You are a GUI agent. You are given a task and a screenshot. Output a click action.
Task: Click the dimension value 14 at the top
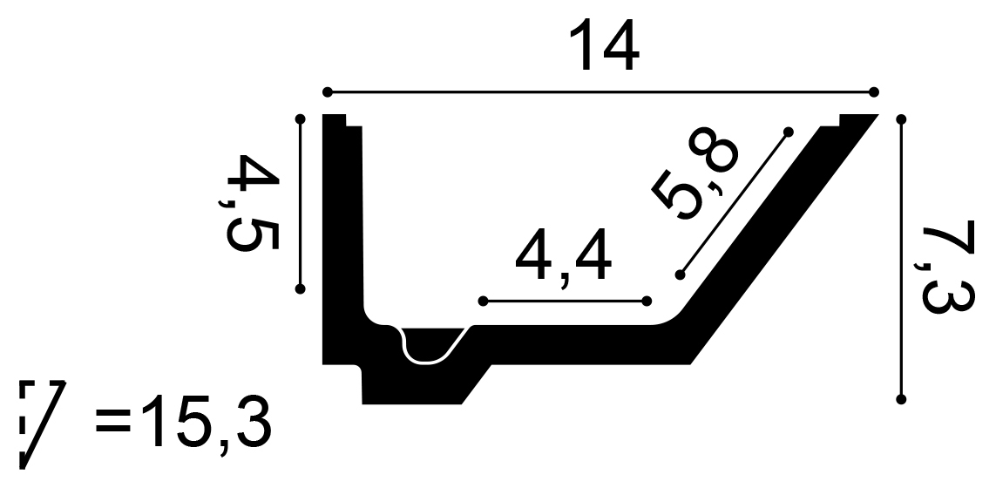(604, 47)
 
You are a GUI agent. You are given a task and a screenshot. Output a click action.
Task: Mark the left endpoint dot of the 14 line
(328, 91)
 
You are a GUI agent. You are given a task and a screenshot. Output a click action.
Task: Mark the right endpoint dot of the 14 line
(874, 91)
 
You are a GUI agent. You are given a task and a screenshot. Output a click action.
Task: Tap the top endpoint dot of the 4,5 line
(301, 119)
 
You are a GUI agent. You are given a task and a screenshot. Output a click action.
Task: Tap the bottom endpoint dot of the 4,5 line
(301, 288)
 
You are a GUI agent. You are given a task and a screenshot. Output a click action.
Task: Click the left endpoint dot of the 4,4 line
(483, 302)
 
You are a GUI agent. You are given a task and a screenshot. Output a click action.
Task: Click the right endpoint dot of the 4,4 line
(647, 302)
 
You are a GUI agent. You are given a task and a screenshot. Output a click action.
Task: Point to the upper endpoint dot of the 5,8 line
(788, 132)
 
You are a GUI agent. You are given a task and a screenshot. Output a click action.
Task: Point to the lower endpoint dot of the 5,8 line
(680, 274)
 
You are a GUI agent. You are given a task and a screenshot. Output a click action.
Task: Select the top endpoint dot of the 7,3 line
(902, 119)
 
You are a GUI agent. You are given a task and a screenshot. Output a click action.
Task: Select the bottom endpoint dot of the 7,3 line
(902, 400)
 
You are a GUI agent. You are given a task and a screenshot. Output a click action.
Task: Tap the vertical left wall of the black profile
(342, 235)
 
